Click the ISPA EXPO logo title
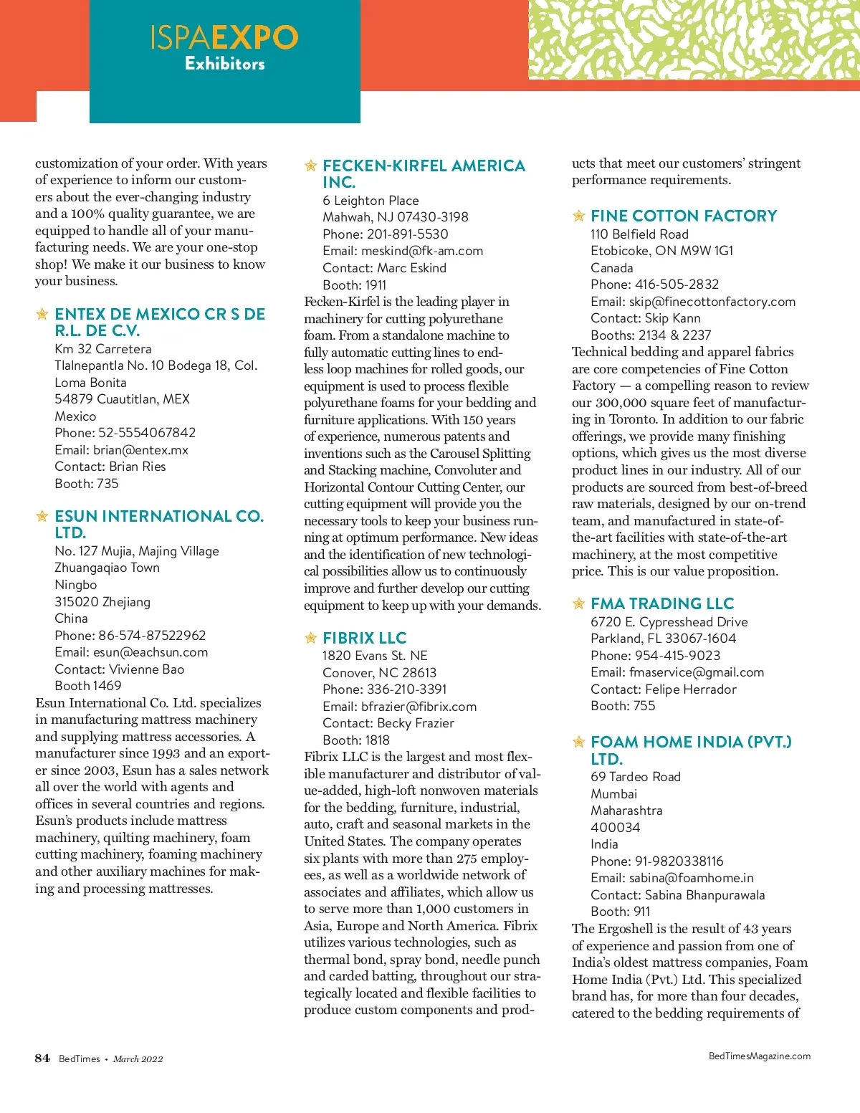(x=224, y=37)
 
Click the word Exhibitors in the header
(x=225, y=64)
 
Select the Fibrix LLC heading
(x=364, y=638)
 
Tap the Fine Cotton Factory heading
(x=684, y=216)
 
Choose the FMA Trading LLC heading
(x=662, y=603)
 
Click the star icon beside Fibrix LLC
(x=311, y=638)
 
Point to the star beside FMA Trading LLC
(x=579, y=603)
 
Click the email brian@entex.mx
(x=140, y=450)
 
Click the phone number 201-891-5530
(x=408, y=234)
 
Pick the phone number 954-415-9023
(x=677, y=656)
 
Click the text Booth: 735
(x=87, y=484)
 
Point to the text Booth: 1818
(x=356, y=740)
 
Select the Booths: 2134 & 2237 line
(x=651, y=335)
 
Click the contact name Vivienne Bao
(x=146, y=669)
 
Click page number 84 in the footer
(x=42, y=1059)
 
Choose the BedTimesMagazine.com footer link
(x=759, y=1056)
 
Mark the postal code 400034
(x=615, y=828)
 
